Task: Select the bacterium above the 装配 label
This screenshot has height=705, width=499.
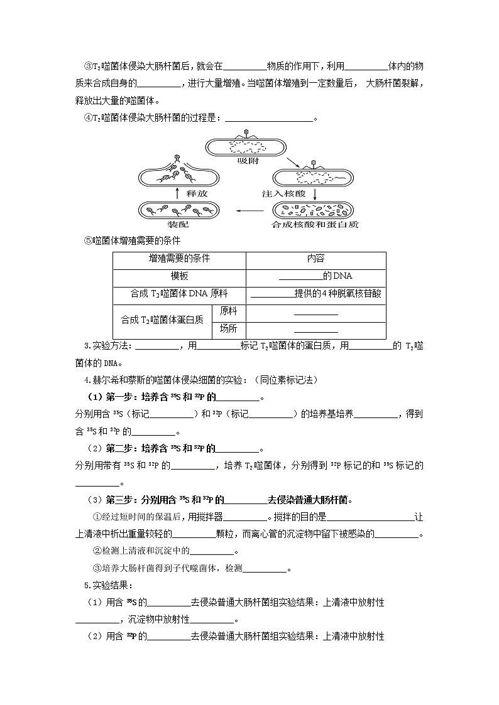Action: click(178, 210)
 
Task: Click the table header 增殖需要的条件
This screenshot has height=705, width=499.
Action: click(179, 259)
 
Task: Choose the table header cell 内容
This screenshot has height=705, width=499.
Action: click(315, 259)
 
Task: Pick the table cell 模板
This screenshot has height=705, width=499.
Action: click(179, 276)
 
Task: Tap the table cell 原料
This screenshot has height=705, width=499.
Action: click(228, 311)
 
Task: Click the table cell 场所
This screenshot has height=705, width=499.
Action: click(228, 328)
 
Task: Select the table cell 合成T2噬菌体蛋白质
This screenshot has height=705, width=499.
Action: click(162, 320)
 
